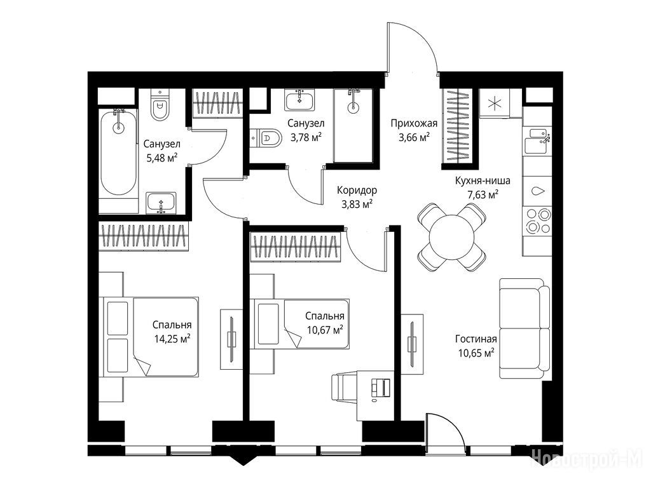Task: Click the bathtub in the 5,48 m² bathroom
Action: coord(118,152)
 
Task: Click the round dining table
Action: coord(452,237)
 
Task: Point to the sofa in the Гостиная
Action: coord(524,329)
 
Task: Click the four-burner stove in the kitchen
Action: coord(538,222)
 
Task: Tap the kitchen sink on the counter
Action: coord(537,141)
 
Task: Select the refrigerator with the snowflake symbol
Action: coord(495,103)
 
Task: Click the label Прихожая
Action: coord(413,123)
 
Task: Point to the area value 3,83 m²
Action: coord(357,204)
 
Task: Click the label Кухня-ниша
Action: coord(483,181)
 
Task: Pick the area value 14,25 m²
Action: coord(172,339)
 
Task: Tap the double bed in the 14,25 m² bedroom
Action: coord(149,337)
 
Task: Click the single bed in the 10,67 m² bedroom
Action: coord(299,323)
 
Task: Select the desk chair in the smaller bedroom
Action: coord(344,388)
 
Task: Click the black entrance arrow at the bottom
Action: coord(243,458)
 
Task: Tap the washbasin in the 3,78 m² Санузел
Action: coord(299,100)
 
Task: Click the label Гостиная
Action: coord(476,339)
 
